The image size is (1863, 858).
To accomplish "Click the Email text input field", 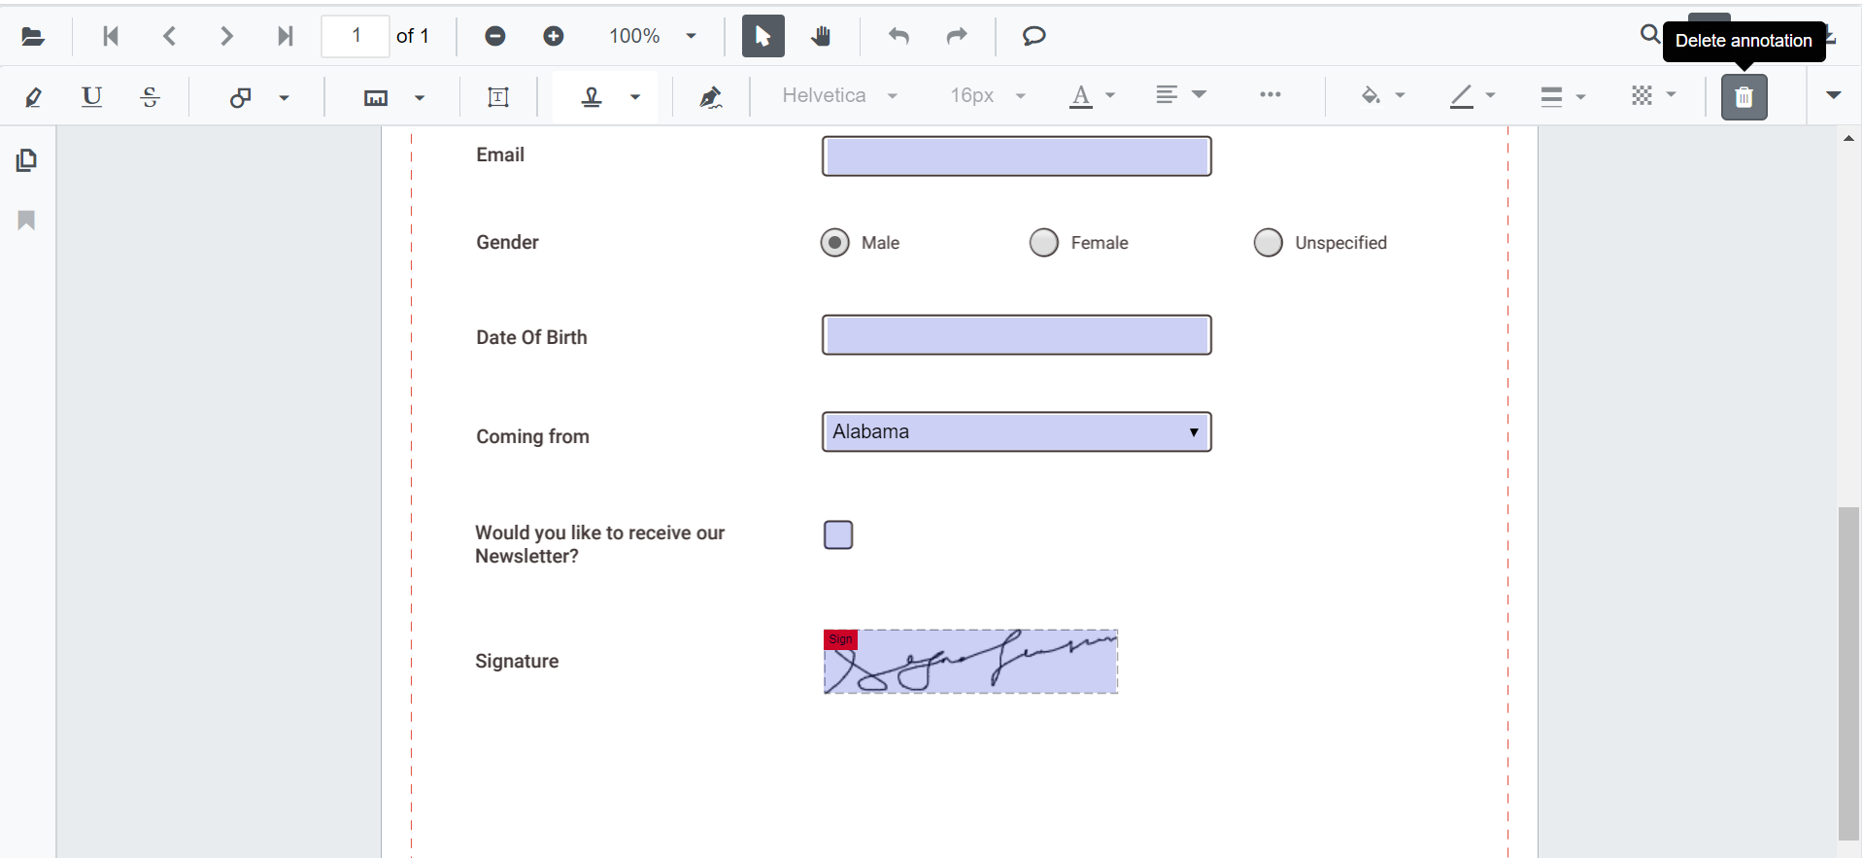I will tap(1016, 156).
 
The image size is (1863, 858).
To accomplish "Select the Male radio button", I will tap(834, 242).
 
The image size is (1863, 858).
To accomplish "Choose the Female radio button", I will tap(1043, 242).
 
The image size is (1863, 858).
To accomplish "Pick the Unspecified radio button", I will tap(1268, 242).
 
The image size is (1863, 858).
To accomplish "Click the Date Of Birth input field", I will tap(1016, 335).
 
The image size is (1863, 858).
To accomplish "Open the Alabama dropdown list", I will tap(1016, 432).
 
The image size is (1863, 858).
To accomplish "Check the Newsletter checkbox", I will tap(838, 535).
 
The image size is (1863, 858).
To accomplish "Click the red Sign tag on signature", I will tap(840, 639).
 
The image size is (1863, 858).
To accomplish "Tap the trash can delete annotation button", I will tap(1744, 97).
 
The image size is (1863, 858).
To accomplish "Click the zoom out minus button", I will tap(495, 36).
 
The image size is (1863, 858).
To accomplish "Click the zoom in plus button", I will tap(554, 36).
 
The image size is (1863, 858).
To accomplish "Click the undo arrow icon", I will tap(898, 36).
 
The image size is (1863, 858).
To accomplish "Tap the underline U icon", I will tap(91, 96).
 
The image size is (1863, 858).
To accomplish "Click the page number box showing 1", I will tap(356, 36).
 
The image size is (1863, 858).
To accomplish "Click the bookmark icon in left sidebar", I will tap(26, 221).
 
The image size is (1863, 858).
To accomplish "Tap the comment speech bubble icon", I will tap(1033, 36).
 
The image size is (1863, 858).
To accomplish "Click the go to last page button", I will tap(285, 36).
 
